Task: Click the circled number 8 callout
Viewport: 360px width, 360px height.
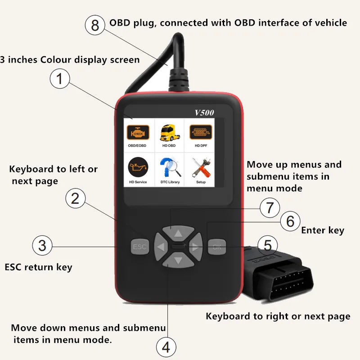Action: pos(94,25)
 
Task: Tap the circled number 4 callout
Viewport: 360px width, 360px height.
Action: pos(166,347)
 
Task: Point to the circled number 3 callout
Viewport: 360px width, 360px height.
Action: pos(42,246)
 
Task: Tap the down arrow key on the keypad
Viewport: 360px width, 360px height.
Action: pos(178,260)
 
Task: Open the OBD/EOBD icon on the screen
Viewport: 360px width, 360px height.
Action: pos(138,134)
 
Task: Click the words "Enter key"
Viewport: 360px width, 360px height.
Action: pos(322,230)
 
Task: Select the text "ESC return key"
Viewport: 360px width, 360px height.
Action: pos(38,267)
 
